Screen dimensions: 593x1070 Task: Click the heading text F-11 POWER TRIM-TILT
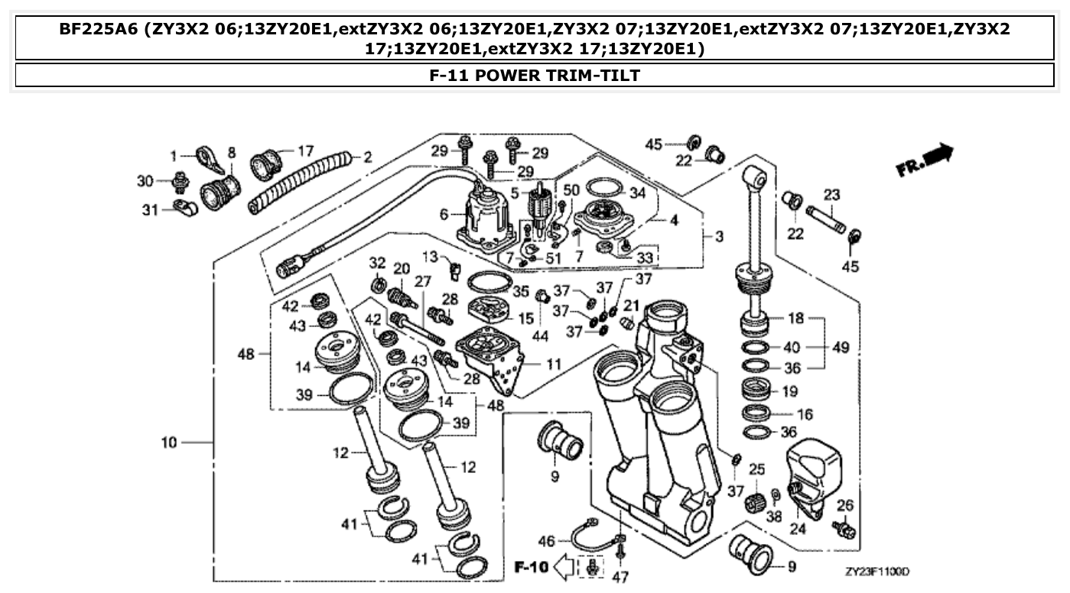pos(535,75)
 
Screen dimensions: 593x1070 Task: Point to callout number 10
pos(169,442)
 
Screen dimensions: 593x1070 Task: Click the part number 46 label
pos(546,541)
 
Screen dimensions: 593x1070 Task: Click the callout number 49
pos(841,348)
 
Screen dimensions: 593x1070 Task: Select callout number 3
pos(719,237)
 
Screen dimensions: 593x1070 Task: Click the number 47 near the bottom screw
pos(620,577)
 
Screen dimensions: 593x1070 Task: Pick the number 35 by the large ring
pos(521,291)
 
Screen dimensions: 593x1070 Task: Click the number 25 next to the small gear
pos(756,468)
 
